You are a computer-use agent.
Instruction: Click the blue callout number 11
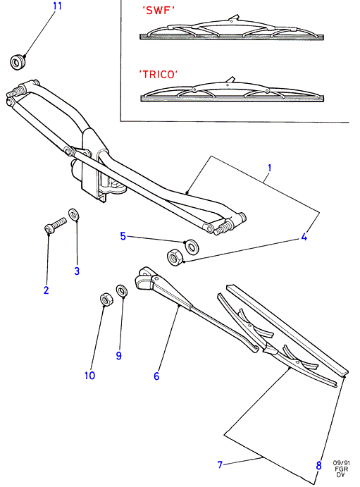pos(58,6)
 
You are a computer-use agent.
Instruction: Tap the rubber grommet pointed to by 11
pos(18,62)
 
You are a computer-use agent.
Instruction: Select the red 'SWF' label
pos(159,11)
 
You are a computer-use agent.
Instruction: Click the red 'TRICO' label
pos(159,74)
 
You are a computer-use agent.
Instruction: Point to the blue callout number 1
pos(269,168)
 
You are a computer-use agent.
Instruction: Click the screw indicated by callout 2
pos(56,226)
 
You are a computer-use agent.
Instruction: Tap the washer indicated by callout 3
pos(74,215)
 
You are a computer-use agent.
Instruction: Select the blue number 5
pos(123,236)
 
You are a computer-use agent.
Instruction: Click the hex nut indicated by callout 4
pos(175,258)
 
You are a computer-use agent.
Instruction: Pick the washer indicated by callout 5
pos(192,246)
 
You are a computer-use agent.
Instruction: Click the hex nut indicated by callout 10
pos(106,300)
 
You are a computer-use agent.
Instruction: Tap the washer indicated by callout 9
pos(123,290)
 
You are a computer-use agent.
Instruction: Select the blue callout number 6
pos(156,376)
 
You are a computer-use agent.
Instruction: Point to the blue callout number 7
pos(220,464)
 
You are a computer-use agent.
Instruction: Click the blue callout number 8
pos(318,466)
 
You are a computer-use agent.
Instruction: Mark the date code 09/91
pos(342,463)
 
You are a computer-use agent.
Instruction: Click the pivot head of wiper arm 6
pos(144,278)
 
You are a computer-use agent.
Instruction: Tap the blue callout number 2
pos(46,290)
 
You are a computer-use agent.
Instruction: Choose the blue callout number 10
pos(89,376)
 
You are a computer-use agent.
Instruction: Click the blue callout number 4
pos(304,237)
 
